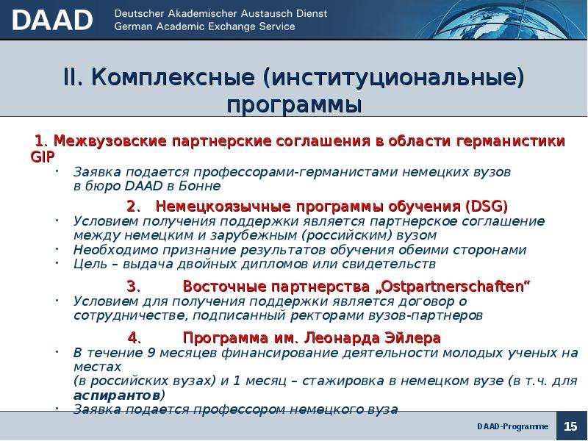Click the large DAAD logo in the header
pos(52,20)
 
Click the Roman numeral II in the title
pos(72,77)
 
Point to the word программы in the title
pos(294,105)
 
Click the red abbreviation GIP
pos(43,157)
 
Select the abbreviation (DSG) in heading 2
pos(487,207)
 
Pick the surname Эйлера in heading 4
pos(412,338)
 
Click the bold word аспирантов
pos(117,395)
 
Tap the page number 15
pos(570,426)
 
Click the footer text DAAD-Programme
pos(512,426)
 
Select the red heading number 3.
pos(133,287)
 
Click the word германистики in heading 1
pos(510,141)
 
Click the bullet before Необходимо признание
pos(57,248)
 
